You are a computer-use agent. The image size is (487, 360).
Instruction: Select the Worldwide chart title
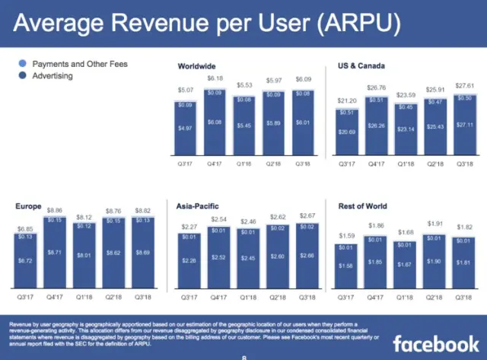pyautogui.click(x=197, y=67)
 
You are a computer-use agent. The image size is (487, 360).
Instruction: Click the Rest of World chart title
pyautogui.click(x=363, y=206)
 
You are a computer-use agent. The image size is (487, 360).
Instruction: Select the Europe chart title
pyautogui.click(x=28, y=206)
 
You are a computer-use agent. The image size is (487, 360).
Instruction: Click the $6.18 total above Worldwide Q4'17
pyautogui.click(x=216, y=79)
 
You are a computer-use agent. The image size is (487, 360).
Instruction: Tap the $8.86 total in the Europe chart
pyautogui.click(x=55, y=210)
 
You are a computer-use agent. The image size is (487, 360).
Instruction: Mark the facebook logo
pyautogui.click(x=435, y=341)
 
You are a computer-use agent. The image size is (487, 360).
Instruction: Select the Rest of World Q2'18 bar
pyautogui.click(x=434, y=263)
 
